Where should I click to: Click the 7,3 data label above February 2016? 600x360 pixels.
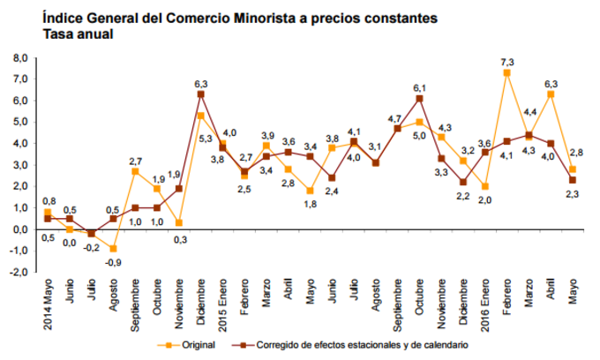[506, 61]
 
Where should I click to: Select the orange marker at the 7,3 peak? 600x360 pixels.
[506, 73]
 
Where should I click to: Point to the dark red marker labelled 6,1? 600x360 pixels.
[419, 99]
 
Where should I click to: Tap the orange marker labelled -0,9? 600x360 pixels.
[114, 248]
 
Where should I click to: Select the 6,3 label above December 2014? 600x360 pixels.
[201, 83]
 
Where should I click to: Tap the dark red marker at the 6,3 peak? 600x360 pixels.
[201, 94]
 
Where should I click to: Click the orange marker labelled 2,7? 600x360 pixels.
[136, 171]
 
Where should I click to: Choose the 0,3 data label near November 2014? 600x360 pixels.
[180, 238]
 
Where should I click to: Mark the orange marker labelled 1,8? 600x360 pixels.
[311, 191]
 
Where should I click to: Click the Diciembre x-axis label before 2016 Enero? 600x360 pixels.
[463, 304]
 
